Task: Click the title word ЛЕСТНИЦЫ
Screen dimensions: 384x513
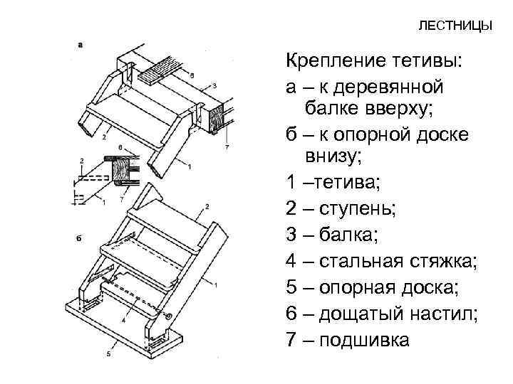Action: [455, 26]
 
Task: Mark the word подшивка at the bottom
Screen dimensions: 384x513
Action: [366, 341]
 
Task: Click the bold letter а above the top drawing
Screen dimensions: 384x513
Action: [81, 44]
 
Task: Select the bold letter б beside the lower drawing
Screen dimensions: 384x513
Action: [79, 237]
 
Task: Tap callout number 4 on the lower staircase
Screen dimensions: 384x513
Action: [124, 322]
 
